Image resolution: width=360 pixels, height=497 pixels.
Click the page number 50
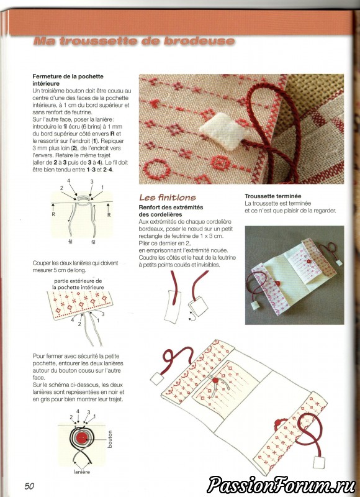(29, 486)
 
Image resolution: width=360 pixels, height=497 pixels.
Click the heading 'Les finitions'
(168, 198)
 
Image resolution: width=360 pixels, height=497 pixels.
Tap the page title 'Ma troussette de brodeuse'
(134, 41)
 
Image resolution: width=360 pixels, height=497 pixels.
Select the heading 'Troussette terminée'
(273, 196)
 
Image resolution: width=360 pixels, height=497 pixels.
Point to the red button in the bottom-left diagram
(83, 438)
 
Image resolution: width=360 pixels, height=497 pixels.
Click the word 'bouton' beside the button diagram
(110, 439)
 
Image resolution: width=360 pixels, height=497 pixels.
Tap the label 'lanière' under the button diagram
(82, 472)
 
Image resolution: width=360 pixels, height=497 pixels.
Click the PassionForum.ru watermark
(281, 485)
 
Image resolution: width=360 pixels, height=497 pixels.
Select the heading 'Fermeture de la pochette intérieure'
(68, 80)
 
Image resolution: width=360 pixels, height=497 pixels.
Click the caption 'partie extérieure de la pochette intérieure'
(78, 284)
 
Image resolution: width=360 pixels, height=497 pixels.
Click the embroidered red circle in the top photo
(155, 168)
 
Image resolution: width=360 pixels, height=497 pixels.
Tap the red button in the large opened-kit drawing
(215, 380)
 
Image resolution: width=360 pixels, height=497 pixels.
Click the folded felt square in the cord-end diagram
(199, 306)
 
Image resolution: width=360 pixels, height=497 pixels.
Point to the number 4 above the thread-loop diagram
(68, 181)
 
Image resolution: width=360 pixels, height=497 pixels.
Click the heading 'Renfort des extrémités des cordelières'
(171, 211)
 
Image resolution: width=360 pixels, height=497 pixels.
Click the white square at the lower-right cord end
(318, 462)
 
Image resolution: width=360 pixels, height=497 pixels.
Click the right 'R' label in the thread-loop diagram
(109, 214)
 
